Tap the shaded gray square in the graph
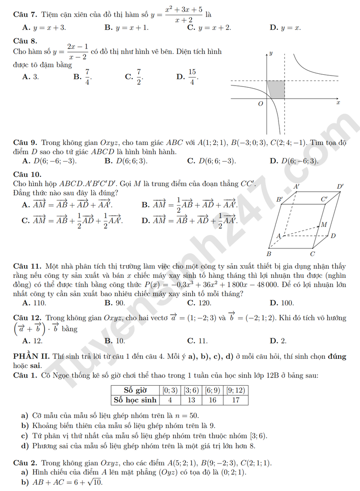coord(276,89)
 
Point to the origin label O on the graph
coord(260,104)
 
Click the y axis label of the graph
coord(271,54)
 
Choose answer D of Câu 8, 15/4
coord(188,77)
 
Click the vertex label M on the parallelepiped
coord(324,225)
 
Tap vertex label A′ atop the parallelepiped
coord(297,186)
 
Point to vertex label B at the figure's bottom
coord(269,253)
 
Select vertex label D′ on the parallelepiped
coord(340,186)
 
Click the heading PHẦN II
coord(31,357)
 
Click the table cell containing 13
coord(191,400)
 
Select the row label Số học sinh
coord(135,400)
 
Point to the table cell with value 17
coord(236,400)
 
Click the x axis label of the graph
coord(338,103)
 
